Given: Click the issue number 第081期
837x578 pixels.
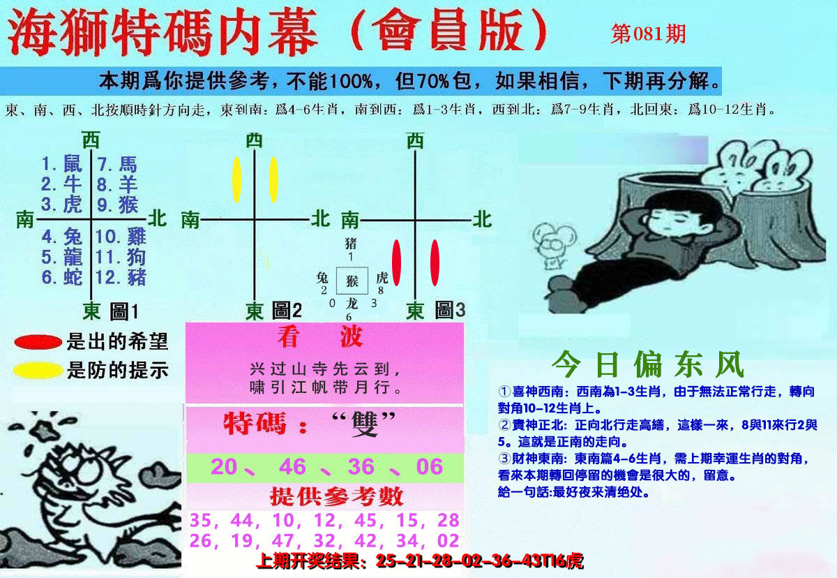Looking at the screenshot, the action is pos(648,34).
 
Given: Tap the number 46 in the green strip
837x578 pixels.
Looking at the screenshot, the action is pos(292,466).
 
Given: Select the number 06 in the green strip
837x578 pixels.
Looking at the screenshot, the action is pos(430,466).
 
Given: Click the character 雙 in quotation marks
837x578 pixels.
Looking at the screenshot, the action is pos(364,424).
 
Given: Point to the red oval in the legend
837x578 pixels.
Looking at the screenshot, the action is pos(38,342).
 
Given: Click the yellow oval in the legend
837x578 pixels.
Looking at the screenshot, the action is pos(38,370).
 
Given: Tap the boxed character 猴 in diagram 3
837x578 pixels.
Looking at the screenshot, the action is pos(352,281).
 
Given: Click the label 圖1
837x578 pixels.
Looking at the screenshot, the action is pos(124,312).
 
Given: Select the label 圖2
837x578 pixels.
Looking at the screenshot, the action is pos(287,311).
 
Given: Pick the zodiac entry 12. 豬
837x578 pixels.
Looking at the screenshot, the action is pos(121,277).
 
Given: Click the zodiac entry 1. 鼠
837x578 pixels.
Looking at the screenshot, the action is pos(62,164).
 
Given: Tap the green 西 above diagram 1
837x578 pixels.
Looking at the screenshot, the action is pos(91,140).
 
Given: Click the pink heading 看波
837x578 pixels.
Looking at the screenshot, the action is pos(320,337).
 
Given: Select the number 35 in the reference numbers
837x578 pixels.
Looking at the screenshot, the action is pos(201,521).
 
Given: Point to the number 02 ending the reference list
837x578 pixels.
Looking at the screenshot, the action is pos(448,541).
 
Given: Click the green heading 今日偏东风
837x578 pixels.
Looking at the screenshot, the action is pos(648,364).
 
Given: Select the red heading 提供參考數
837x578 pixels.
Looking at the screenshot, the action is pos(337,496).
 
